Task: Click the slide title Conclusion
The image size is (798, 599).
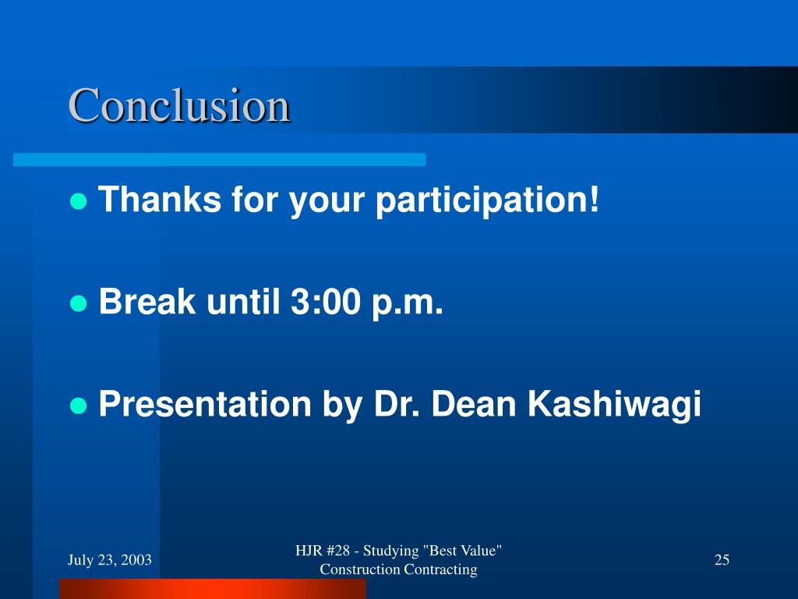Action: point(179,105)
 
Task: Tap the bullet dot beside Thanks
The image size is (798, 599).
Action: point(79,201)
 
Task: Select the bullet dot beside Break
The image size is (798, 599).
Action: point(79,303)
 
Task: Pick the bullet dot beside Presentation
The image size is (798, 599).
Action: point(79,406)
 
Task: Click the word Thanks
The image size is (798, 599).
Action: point(160,199)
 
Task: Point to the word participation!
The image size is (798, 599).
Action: point(488,200)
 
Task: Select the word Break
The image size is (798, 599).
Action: point(147,301)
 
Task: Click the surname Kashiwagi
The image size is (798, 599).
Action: point(614,406)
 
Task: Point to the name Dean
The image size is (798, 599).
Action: point(474,404)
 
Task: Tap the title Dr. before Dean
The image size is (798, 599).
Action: point(397,404)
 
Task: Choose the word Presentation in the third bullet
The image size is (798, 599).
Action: point(205,404)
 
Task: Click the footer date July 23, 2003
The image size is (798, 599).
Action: point(110,560)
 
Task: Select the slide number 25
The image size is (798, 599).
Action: point(722,559)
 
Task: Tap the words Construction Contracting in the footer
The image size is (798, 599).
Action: point(398,569)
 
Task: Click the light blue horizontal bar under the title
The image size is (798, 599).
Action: point(219,159)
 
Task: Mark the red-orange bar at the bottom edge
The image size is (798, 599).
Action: point(213,589)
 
